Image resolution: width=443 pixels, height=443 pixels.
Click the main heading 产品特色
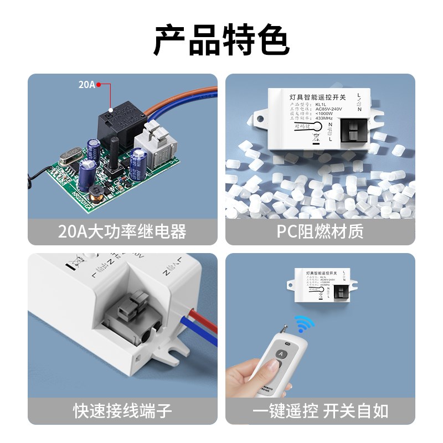221,40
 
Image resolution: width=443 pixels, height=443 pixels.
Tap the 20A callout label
86,85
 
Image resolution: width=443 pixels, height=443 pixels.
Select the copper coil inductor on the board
100,192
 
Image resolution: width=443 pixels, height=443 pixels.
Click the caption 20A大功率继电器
122,231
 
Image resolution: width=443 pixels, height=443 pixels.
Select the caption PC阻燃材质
320,231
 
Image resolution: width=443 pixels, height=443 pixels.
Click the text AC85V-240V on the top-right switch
329,110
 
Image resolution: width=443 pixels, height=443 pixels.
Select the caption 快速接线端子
122,411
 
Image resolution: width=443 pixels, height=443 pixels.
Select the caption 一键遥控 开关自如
320,411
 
